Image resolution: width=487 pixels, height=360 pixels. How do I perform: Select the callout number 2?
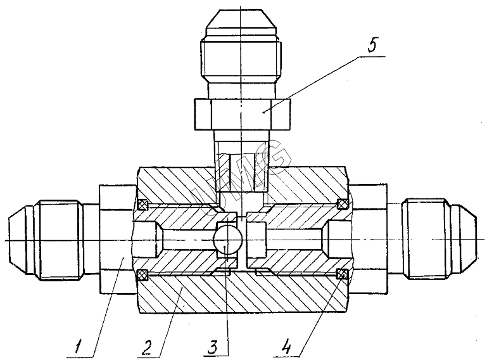pyautogui.click(x=146, y=347)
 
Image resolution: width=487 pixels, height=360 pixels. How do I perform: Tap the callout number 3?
pyautogui.click(x=213, y=347)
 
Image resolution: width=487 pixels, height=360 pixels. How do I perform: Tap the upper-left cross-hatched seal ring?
pyautogui.click(x=142, y=204)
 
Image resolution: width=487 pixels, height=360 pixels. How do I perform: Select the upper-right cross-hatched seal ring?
pyautogui.click(x=343, y=204)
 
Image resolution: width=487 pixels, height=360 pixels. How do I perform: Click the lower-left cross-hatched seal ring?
pyautogui.click(x=142, y=274)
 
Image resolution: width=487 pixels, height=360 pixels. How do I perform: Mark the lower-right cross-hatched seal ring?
pyautogui.click(x=343, y=274)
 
